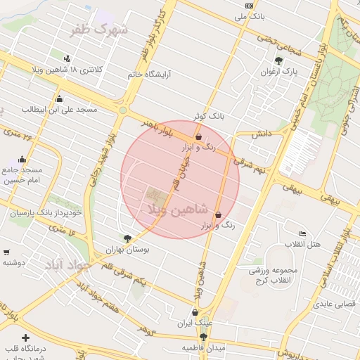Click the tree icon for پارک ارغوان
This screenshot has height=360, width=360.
pos(279,60)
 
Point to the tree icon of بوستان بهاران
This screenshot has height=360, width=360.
pos(127,238)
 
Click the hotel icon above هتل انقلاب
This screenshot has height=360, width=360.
pos(302,233)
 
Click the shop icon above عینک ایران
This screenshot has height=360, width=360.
pos(195,312)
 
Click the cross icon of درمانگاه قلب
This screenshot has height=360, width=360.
pos(27,338)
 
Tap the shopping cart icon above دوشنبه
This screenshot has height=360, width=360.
pos(6,252)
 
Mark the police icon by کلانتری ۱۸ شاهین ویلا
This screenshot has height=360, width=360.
pos(67,58)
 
